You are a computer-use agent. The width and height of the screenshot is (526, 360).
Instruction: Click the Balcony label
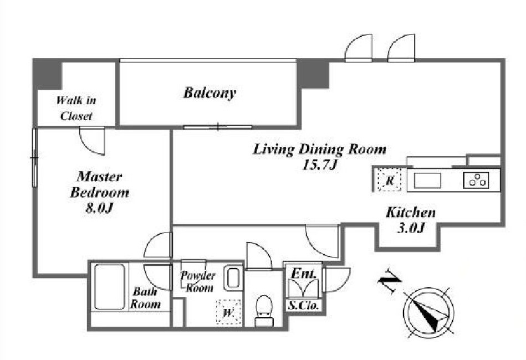(210, 93)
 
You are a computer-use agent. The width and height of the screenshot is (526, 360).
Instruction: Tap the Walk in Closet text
(76, 108)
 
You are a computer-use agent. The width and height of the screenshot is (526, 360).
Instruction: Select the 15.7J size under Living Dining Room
(319, 164)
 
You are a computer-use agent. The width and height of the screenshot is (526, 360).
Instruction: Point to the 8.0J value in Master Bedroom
(99, 208)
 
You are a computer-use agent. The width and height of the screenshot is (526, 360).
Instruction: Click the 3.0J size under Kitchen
(411, 228)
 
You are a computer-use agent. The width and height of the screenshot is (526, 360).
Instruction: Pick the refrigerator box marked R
(390, 180)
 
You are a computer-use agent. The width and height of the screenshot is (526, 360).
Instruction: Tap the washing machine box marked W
(228, 312)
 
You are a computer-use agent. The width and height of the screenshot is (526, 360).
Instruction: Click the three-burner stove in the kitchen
(476, 180)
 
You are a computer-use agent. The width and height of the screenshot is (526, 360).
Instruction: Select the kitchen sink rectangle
(427, 181)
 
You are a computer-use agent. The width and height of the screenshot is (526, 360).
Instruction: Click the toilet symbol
(264, 310)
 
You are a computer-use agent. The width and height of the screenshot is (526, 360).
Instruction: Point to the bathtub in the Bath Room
(109, 286)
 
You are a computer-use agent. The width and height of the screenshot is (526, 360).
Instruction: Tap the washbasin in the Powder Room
(233, 278)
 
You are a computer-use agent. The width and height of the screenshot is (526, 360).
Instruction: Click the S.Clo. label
(303, 306)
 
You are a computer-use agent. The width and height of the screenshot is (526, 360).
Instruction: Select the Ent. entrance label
(304, 273)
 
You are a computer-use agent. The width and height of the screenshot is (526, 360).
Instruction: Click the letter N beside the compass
(389, 281)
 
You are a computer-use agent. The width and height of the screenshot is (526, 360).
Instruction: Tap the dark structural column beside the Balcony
(314, 74)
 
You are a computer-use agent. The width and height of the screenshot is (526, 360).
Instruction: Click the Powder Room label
(197, 281)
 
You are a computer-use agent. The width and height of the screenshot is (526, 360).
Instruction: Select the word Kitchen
(411, 212)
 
